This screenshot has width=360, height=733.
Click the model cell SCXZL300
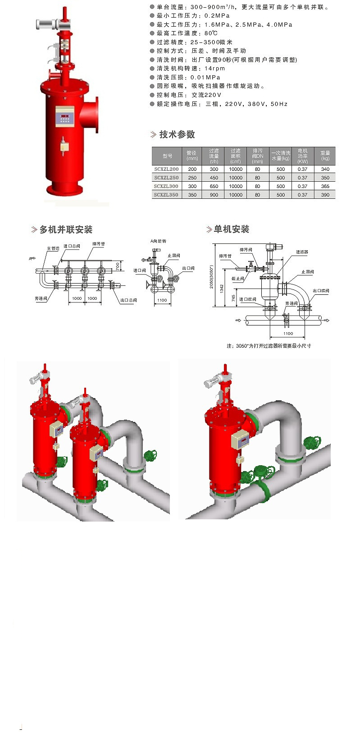click(x=166, y=186)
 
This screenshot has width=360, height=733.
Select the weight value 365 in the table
click(x=325, y=186)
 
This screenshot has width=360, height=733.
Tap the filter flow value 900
click(x=214, y=195)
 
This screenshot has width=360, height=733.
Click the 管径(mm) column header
click(x=192, y=156)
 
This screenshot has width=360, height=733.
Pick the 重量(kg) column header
click(x=325, y=156)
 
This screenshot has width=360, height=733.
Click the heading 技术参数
click(x=177, y=134)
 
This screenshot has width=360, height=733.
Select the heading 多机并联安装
click(x=66, y=229)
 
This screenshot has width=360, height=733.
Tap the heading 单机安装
click(x=231, y=229)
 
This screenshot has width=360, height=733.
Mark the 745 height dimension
click(x=233, y=298)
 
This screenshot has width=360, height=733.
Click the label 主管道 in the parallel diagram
click(x=53, y=248)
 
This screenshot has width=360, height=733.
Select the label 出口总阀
click(x=128, y=300)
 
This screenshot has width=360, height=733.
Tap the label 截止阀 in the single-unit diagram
click(x=237, y=279)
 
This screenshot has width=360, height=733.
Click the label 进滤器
click(x=302, y=252)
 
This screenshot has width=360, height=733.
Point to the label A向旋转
click(x=158, y=241)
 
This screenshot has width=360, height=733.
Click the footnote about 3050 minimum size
click(x=269, y=346)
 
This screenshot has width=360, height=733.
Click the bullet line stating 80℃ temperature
click(x=187, y=33)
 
